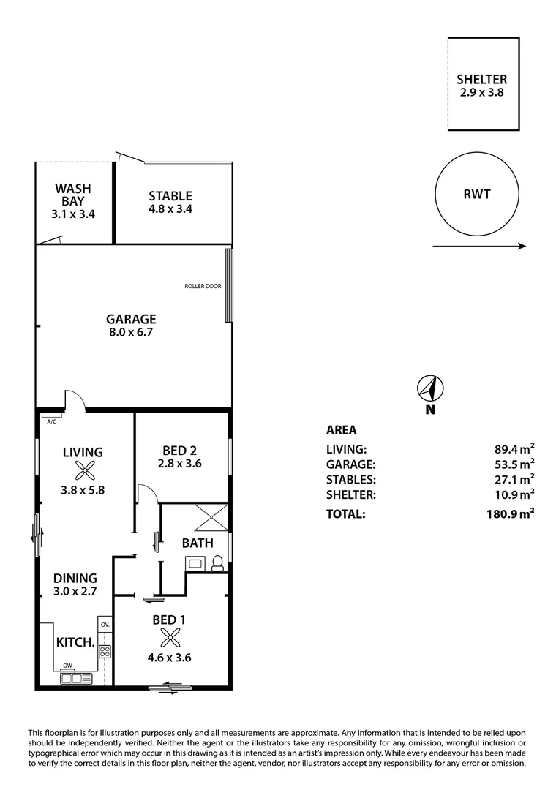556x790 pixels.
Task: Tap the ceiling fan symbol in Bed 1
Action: (x=169, y=638)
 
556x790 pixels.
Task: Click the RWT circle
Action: (x=477, y=195)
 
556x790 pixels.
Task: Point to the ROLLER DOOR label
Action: (x=203, y=287)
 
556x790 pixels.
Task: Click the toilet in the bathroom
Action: (x=217, y=563)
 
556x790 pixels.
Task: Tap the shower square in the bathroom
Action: (x=212, y=518)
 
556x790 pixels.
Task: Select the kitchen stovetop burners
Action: (x=105, y=651)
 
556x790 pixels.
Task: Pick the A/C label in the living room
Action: (x=52, y=422)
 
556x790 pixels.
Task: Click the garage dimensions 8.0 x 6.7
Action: (x=131, y=332)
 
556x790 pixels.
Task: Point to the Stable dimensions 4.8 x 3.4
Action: (x=170, y=208)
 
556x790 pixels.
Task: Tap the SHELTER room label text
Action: (x=481, y=80)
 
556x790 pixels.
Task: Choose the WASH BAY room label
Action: (x=74, y=195)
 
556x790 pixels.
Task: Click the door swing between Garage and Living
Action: (x=75, y=400)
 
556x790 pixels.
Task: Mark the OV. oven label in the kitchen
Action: (x=105, y=625)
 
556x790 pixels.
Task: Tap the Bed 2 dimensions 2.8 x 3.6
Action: (x=179, y=463)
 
